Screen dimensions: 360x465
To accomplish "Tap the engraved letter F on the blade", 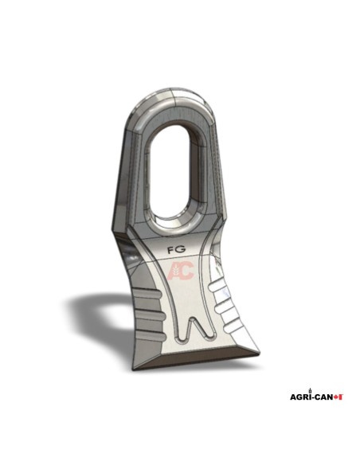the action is click(170, 249).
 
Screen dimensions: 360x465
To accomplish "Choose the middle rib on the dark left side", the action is click(151, 315).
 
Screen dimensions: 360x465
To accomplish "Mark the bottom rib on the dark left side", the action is click(151, 335).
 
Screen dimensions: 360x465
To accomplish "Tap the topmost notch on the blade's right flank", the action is click(218, 287).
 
